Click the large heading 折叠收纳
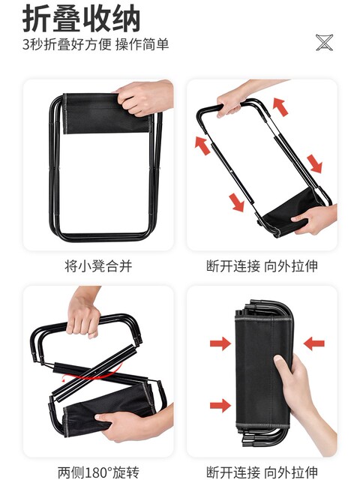(x=81, y=19)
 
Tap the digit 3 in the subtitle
(x=25, y=44)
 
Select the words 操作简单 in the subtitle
(x=142, y=44)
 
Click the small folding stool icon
(x=325, y=43)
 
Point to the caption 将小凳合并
(x=98, y=265)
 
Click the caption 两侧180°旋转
(x=98, y=472)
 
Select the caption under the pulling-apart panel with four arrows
(x=262, y=265)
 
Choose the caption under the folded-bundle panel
(x=262, y=472)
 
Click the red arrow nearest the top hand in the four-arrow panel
(x=280, y=106)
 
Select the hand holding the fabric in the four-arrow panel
(x=315, y=219)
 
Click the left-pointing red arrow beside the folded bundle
(x=314, y=343)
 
